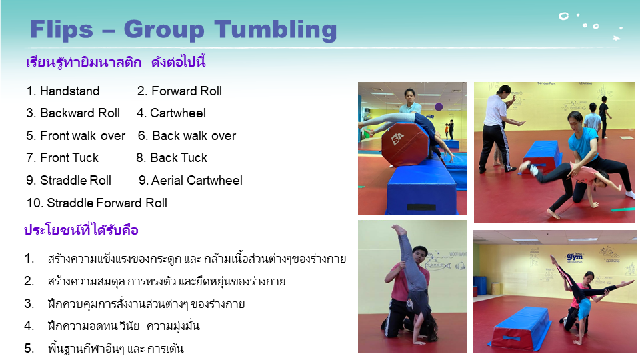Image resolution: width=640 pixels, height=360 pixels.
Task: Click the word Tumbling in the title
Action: [275, 31]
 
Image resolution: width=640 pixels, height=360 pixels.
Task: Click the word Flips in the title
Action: [61, 30]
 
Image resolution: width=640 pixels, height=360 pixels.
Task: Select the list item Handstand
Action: [63, 91]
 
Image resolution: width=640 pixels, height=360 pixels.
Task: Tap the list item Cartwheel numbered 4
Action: [171, 113]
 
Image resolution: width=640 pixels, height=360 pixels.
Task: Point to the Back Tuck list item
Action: [171, 158]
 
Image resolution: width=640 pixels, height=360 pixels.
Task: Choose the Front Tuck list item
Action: [63, 158]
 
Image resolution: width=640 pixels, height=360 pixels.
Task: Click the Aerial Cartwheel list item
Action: [190, 181]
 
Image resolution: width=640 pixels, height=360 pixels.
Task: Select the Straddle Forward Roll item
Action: [97, 203]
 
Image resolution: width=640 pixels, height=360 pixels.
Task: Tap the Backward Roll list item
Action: [73, 113]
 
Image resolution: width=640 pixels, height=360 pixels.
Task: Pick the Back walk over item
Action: [187, 135]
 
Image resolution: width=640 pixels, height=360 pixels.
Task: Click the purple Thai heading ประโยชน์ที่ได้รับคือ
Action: [81, 230]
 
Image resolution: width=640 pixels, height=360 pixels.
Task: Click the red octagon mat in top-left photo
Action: [405, 143]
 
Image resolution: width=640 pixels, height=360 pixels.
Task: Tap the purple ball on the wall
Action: [439, 107]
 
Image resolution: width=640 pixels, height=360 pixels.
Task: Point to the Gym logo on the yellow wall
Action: [574, 257]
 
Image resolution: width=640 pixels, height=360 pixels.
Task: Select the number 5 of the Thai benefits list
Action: [29, 348]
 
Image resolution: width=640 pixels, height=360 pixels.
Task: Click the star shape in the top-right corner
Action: [616, 39]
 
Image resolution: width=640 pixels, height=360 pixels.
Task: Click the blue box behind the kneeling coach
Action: [541, 155]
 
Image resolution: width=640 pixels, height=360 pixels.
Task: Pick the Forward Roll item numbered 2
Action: [179, 91]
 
